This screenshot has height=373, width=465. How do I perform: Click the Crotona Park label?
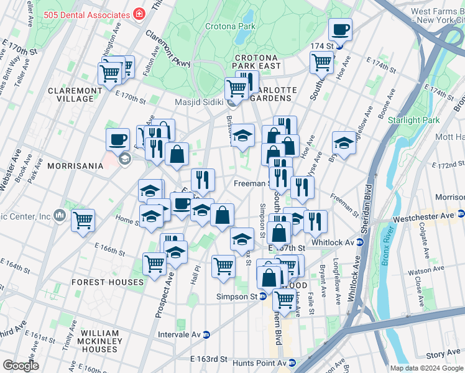(x=230, y=27)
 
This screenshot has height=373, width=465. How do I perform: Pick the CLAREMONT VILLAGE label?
(x=75, y=94)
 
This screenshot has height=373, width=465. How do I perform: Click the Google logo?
(x=21, y=365)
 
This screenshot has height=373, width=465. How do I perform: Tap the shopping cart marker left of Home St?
(x=83, y=220)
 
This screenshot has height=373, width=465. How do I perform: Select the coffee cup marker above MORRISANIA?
(x=117, y=139)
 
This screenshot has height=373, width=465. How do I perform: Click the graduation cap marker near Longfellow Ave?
(x=344, y=142)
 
